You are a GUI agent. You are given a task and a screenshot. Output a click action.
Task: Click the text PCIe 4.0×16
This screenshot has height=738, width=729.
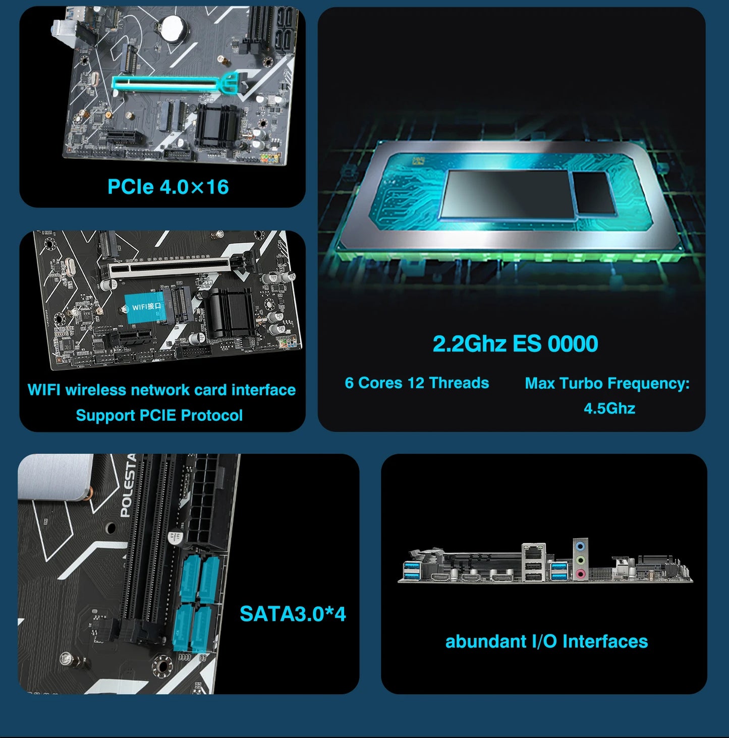click(x=168, y=187)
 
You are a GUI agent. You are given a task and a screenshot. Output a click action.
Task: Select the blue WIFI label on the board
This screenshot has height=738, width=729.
click(x=145, y=307)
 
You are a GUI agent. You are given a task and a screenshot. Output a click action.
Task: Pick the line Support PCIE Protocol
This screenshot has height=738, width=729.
click(x=159, y=415)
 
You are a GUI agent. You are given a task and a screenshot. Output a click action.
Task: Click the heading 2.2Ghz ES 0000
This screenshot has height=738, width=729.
click(x=515, y=344)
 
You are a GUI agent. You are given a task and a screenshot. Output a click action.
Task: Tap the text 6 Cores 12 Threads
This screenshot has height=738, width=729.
click(x=417, y=383)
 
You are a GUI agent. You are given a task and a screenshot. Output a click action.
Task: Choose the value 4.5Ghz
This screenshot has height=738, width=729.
click(x=609, y=408)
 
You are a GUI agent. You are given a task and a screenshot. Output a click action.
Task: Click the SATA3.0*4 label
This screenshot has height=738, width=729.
click(x=293, y=614)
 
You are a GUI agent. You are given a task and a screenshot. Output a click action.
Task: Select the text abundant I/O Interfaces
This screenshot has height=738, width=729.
click(x=546, y=641)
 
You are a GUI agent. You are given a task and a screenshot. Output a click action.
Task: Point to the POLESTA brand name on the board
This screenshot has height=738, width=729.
click(x=128, y=485)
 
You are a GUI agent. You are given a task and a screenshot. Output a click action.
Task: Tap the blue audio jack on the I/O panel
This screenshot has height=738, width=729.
click(x=581, y=546)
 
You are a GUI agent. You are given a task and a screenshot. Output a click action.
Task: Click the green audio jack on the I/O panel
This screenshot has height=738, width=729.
click(x=581, y=559)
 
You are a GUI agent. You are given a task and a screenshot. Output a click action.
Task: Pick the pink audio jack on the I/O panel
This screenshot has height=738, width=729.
click(x=581, y=573)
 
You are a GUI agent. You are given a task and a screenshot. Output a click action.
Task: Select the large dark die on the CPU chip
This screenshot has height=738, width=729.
click(x=507, y=194)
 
